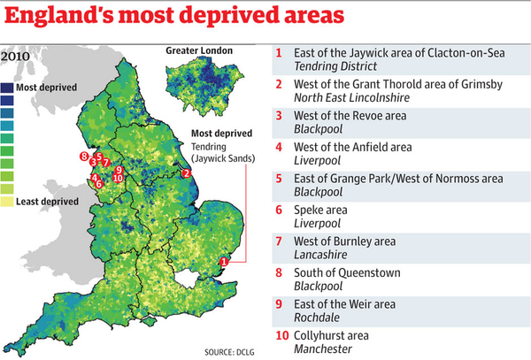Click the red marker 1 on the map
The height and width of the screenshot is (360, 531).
coord(225,261)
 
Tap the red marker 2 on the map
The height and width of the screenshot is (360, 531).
coord(186,173)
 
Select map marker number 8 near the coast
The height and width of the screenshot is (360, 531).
coord(83,157)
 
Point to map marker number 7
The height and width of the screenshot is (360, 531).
coord(106,163)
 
